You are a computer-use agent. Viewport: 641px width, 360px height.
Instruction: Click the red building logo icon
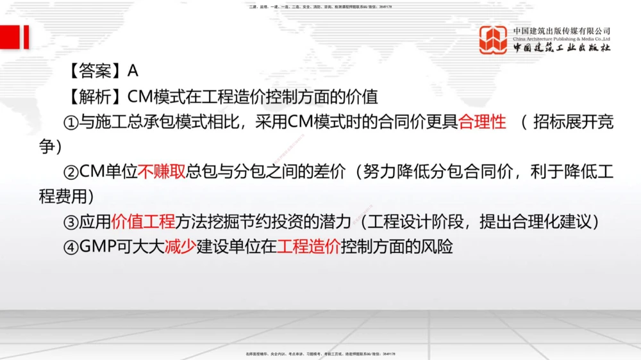(494, 40)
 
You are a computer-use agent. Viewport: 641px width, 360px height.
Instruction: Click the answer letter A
(133, 70)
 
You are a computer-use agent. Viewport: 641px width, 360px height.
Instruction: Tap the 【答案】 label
(94, 70)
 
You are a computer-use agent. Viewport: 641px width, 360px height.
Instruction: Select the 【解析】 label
(94, 97)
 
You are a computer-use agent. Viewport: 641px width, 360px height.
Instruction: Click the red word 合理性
(482, 122)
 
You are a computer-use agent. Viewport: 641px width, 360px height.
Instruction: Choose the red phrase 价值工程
(143, 222)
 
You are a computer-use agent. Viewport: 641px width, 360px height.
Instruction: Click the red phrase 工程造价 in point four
(309, 247)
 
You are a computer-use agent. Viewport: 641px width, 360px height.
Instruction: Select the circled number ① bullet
(71, 123)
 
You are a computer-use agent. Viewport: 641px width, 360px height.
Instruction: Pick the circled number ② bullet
(71, 172)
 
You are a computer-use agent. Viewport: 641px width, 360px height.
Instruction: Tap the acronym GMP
(97, 247)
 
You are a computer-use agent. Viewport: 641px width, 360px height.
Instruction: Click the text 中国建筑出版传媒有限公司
(562, 30)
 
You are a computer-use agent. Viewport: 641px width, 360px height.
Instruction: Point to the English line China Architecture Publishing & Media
(562, 38)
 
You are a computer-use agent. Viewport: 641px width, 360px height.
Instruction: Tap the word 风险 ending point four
(437, 247)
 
